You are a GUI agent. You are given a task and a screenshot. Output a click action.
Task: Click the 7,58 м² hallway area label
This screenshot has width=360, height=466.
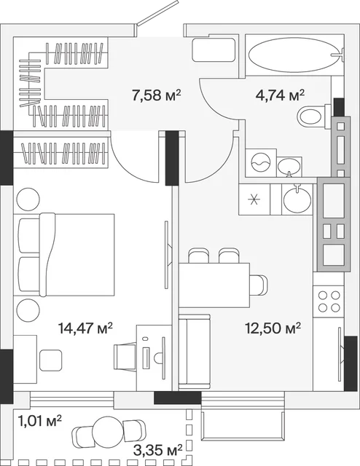click(x=157, y=95)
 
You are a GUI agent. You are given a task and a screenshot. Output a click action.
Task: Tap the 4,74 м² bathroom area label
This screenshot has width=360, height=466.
click(x=280, y=95)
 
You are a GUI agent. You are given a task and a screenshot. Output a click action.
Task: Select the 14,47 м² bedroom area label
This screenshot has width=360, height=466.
click(x=86, y=328)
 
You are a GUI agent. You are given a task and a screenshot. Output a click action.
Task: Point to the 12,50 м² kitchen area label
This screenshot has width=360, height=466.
click(x=273, y=328)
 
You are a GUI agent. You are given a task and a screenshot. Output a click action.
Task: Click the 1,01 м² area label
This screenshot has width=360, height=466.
click(x=40, y=422)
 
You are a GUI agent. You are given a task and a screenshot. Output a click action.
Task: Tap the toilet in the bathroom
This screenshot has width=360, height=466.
click(x=315, y=116)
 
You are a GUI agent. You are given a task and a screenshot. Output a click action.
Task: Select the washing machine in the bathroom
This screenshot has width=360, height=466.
click(x=261, y=162)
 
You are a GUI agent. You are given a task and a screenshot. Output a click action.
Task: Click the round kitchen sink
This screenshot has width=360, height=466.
click(x=297, y=199)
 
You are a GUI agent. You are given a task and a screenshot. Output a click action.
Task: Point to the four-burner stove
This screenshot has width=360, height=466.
click(x=329, y=301)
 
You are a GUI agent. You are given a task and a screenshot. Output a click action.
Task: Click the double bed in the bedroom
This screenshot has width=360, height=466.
click(x=66, y=255)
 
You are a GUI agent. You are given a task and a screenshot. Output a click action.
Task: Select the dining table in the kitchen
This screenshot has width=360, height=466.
click(x=214, y=285)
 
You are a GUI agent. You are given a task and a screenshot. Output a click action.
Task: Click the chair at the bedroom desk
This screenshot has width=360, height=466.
click(x=125, y=357)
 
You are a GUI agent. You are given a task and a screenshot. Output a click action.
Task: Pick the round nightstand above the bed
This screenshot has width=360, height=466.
click(x=28, y=199)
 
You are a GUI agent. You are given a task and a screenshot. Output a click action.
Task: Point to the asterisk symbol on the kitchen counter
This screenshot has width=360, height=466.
click(x=254, y=199)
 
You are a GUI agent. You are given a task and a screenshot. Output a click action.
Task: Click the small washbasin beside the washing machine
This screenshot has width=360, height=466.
click(x=289, y=167)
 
